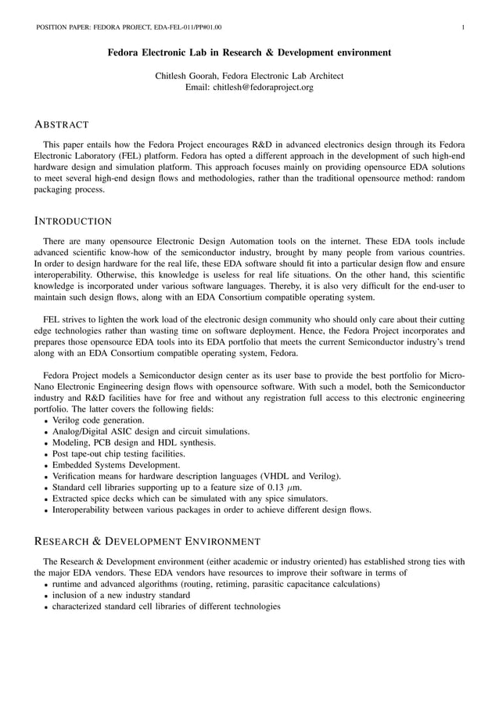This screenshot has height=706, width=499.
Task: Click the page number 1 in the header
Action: (463, 27)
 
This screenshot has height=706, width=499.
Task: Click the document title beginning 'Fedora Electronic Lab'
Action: (249, 53)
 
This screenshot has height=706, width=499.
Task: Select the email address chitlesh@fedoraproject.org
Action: (249, 87)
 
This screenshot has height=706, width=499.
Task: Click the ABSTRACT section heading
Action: (62, 124)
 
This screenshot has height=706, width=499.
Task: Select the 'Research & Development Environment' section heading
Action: (148, 541)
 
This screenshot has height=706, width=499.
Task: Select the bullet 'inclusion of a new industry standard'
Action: (120, 595)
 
